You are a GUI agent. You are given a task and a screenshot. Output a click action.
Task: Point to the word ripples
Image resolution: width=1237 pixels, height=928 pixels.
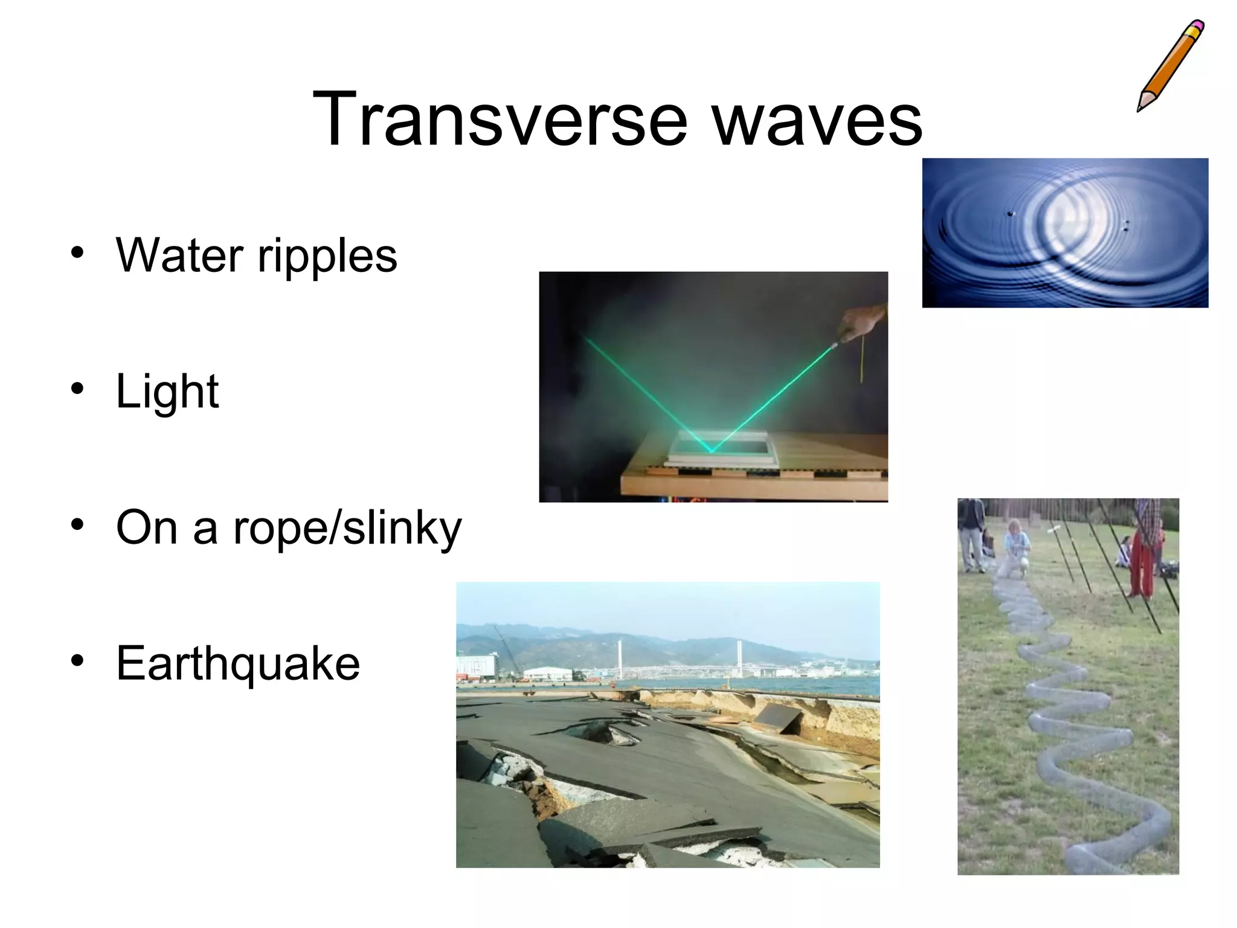(327, 256)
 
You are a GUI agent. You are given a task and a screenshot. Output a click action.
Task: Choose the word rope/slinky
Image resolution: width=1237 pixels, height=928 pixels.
(347, 528)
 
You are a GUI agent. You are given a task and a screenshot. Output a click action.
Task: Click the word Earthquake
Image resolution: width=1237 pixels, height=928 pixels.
(238, 663)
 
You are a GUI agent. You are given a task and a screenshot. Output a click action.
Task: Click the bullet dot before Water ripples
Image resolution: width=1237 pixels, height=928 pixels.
(77, 253)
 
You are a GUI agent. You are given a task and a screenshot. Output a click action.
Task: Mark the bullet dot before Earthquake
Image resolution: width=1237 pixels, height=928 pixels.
(77, 661)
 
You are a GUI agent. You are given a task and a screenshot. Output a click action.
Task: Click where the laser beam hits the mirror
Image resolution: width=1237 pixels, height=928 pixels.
(712, 451)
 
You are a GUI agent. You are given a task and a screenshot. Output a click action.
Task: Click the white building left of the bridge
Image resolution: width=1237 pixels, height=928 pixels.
(547, 674)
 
